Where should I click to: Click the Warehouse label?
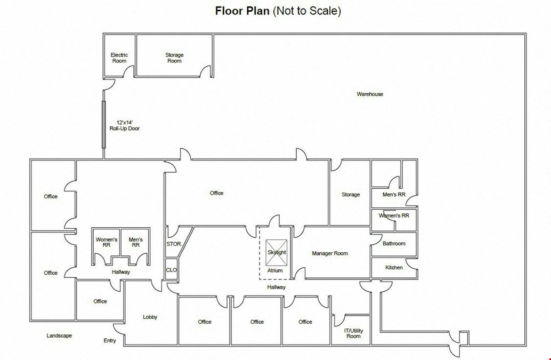[370, 94]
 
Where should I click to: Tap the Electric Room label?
[119, 58]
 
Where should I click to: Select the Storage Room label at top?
[174, 58]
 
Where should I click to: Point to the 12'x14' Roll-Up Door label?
[124, 125]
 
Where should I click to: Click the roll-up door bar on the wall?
[104, 124]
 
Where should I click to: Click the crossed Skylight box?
[276, 253]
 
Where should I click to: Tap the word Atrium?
[275, 270]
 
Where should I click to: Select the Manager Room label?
[330, 253]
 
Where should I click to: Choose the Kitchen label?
[394, 267]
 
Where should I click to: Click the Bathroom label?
[394, 243]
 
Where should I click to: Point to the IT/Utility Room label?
[353, 333]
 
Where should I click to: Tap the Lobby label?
[150, 317]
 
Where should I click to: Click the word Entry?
[110, 340]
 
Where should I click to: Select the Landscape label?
[59, 335]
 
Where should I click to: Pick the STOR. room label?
[174, 244]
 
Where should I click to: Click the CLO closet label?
[172, 270]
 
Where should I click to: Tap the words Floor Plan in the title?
[242, 11]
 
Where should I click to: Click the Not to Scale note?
[307, 11]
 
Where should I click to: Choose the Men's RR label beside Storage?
[394, 195]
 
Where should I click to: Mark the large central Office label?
[216, 193]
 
